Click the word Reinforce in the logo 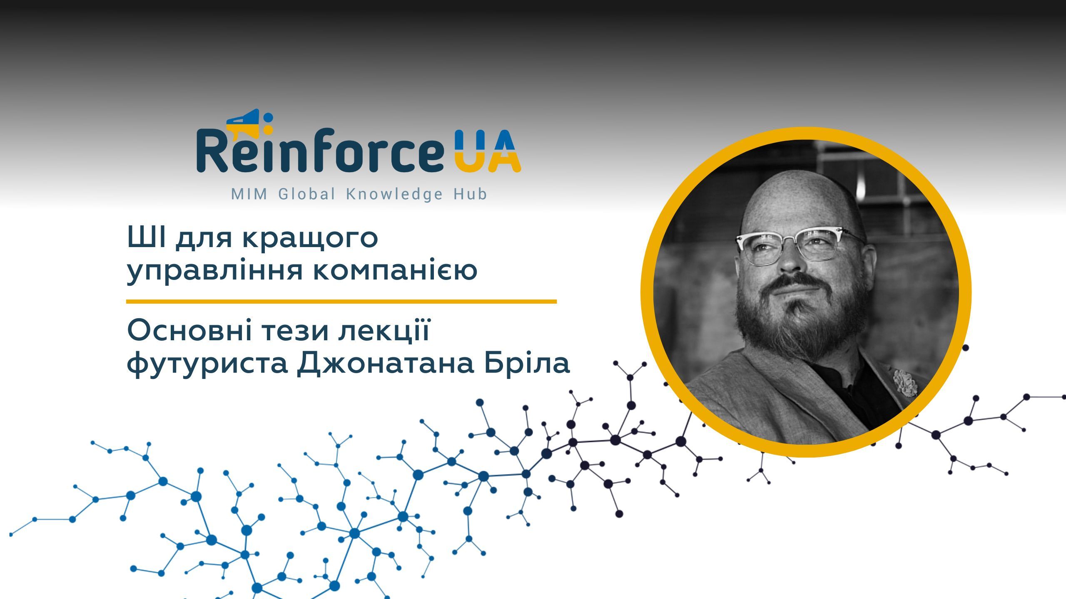tap(320, 151)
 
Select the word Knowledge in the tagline tap(394, 194)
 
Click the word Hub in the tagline tap(470, 194)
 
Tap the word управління tap(215, 271)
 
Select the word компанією tap(395, 271)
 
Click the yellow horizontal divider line tap(341, 301)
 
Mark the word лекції tap(384, 332)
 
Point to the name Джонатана tap(385, 363)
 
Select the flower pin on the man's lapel tap(905, 382)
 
